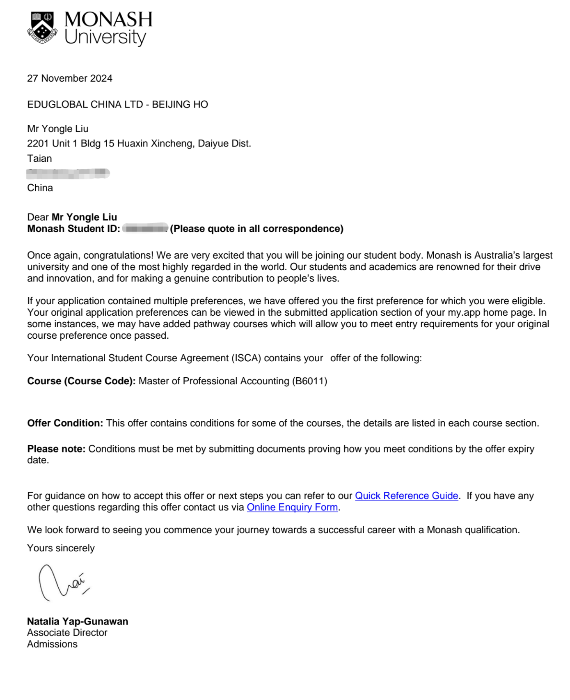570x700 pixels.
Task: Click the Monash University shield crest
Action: (x=42, y=28)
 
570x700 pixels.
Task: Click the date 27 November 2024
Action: (x=69, y=78)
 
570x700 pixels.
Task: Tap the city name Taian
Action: (x=39, y=158)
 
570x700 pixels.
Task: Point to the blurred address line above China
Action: (x=68, y=174)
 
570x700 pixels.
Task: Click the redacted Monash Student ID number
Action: (x=145, y=228)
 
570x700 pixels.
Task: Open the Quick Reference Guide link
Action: (x=406, y=496)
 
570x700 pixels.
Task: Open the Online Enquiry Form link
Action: (x=292, y=507)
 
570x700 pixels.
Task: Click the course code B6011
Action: (x=309, y=381)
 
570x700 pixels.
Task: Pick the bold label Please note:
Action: (x=56, y=449)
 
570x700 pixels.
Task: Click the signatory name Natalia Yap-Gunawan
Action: (x=78, y=622)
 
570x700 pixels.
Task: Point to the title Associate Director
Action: (x=67, y=633)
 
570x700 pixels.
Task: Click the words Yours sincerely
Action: (x=61, y=549)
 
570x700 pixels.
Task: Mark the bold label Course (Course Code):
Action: (x=81, y=381)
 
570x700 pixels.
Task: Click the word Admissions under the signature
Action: (x=52, y=644)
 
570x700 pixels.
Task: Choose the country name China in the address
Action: (x=40, y=188)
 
